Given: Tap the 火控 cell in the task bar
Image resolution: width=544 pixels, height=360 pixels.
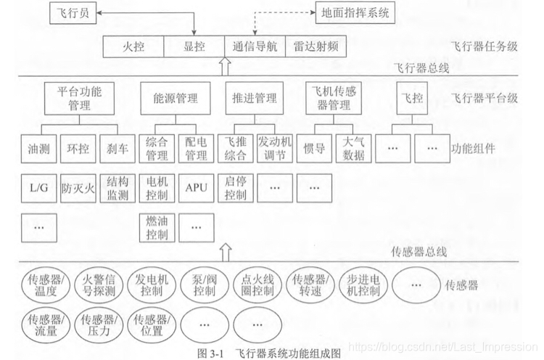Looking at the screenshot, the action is pyautogui.click(x=133, y=47).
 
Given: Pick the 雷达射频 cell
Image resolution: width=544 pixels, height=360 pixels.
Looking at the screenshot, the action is pyautogui.click(x=314, y=47).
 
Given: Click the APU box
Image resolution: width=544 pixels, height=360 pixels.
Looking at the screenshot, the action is pyautogui.click(x=196, y=188).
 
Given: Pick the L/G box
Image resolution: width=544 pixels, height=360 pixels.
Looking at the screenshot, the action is pyautogui.click(x=38, y=188).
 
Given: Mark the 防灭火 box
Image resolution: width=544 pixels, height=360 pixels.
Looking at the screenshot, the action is pyautogui.click(x=78, y=188).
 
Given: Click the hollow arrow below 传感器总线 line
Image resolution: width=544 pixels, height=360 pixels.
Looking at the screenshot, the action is pyautogui.click(x=224, y=253).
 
